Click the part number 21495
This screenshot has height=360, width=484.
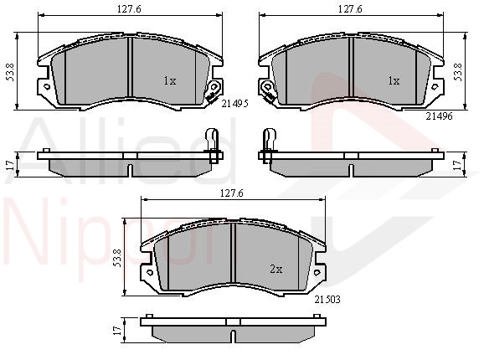click(x=235, y=104)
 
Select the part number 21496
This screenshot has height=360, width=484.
click(x=439, y=116)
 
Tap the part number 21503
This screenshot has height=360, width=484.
click(x=327, y=299)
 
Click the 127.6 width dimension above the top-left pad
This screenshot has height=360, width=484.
click(x=129, y=9)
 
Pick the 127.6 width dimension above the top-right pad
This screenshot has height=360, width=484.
click(x=350, y=9)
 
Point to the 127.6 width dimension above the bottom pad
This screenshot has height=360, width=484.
click(x=231, y=193)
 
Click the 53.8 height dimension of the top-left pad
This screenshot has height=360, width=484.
click(x=11, y=72)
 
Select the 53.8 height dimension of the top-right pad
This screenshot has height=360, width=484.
click(x=458, y=72)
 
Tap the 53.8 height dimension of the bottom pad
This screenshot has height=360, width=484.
click(x=117, y=258)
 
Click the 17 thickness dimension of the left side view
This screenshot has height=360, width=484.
click(x=11, y=165)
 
